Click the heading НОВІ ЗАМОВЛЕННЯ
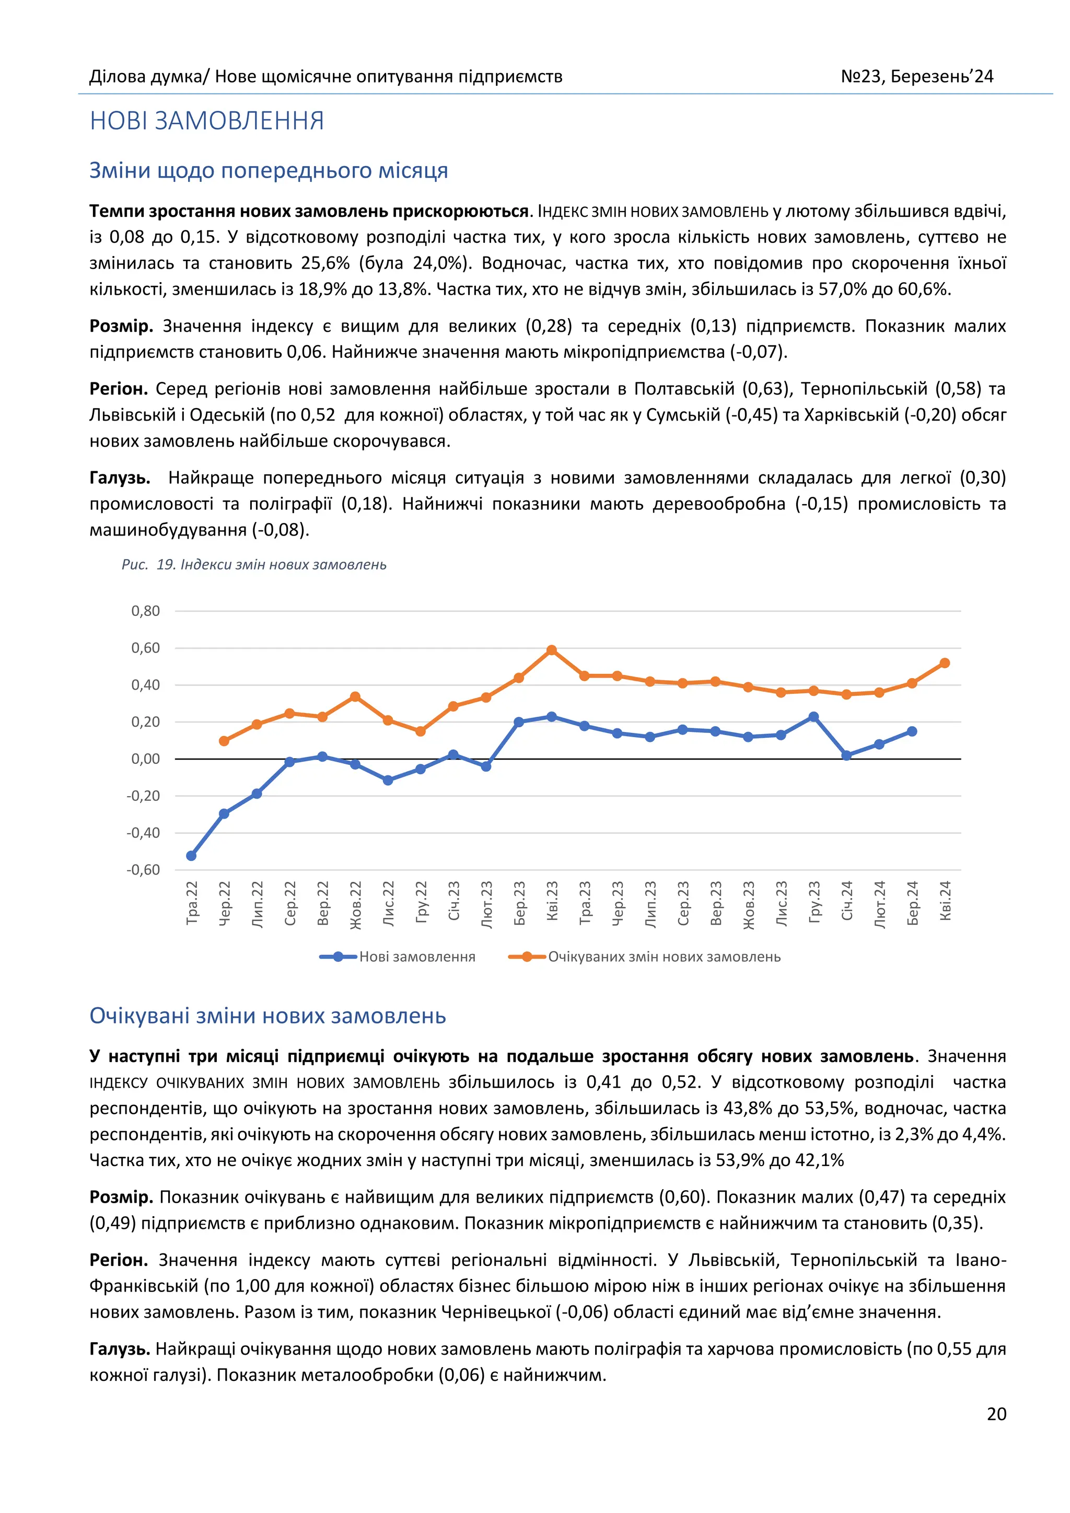point(207,121)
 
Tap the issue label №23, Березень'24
point(916,76)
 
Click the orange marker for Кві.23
point(552,650)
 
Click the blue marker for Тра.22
point(191,856)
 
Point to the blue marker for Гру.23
point(813,717)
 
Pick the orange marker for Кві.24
point(945,663)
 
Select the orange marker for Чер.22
point(224,741)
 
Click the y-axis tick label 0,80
point(146,611)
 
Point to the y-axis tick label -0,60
point(143,870)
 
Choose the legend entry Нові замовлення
point(416,957)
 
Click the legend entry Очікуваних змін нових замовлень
point(664,957)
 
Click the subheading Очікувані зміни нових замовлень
point(267,1016)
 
